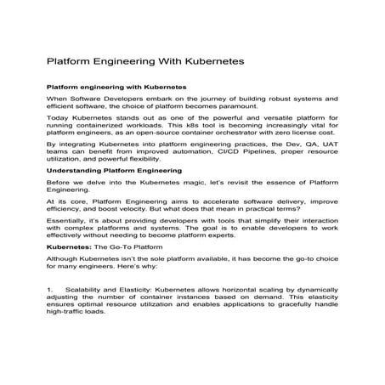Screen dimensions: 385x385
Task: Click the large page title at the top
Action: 144,63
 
